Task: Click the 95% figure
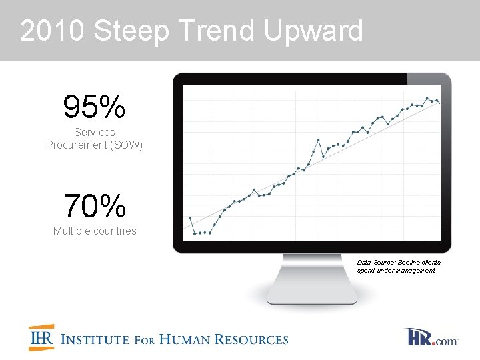pyautogui.click(x=94, y=106)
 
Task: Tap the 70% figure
pyautogui.click(x=95, y=206)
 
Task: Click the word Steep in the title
pyautogui.click(x=133, y=31)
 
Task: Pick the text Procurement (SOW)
pyautogui.click(x=94, y=145)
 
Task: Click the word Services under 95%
pyautogui.click(x=94, y=133)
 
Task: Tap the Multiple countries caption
pyautogui.click(x=95, y=231)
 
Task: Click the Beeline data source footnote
pyautogui.click(x=399, y=267)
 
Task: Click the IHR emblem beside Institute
pyautogui.click(x=41, y=338)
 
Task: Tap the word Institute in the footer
pyautogui.click(x=95, y=339)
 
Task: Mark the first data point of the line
pyautogui.click(x=190, y=218)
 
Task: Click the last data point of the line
pyautogui.click(x=438, y=101)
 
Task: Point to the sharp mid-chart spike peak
pyautogui.click(x=319, y=140)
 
